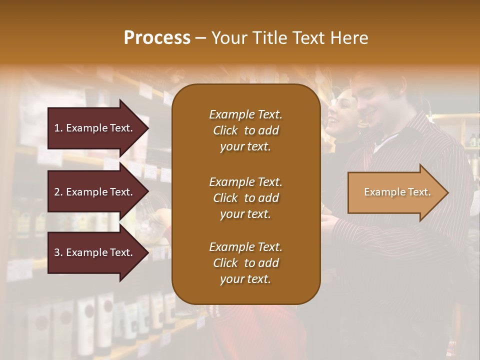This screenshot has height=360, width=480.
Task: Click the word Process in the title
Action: (157, 37)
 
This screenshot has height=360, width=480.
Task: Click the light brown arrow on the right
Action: (395, 192)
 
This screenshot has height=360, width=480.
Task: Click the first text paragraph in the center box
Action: (245, 130)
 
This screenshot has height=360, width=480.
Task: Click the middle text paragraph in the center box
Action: (245, 198)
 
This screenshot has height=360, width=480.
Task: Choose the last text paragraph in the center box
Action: (245, 263)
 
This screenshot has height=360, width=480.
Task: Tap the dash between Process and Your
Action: (201, 38)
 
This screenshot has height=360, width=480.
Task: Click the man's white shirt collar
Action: (384, 141)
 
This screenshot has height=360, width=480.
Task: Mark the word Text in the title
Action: (308, 37)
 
